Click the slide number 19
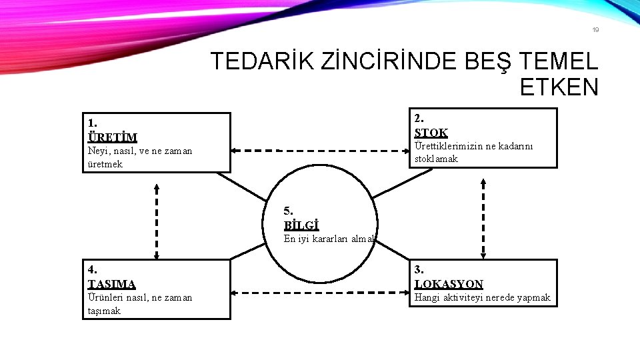[x=595, y=29]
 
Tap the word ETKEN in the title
[x=559, y=87]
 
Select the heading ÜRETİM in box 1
[x=112, y=137]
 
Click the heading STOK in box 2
[x=431, y=133]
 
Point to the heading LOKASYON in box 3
[x=449, y=284]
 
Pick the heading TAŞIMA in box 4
[x=111, y=283]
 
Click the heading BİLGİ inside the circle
[x=301, y=225]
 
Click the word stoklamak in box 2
[x=436, y=159]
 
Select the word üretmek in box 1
[x=105, y=164]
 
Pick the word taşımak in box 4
[x=104, y=311]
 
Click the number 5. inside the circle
[x=288, y=211]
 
